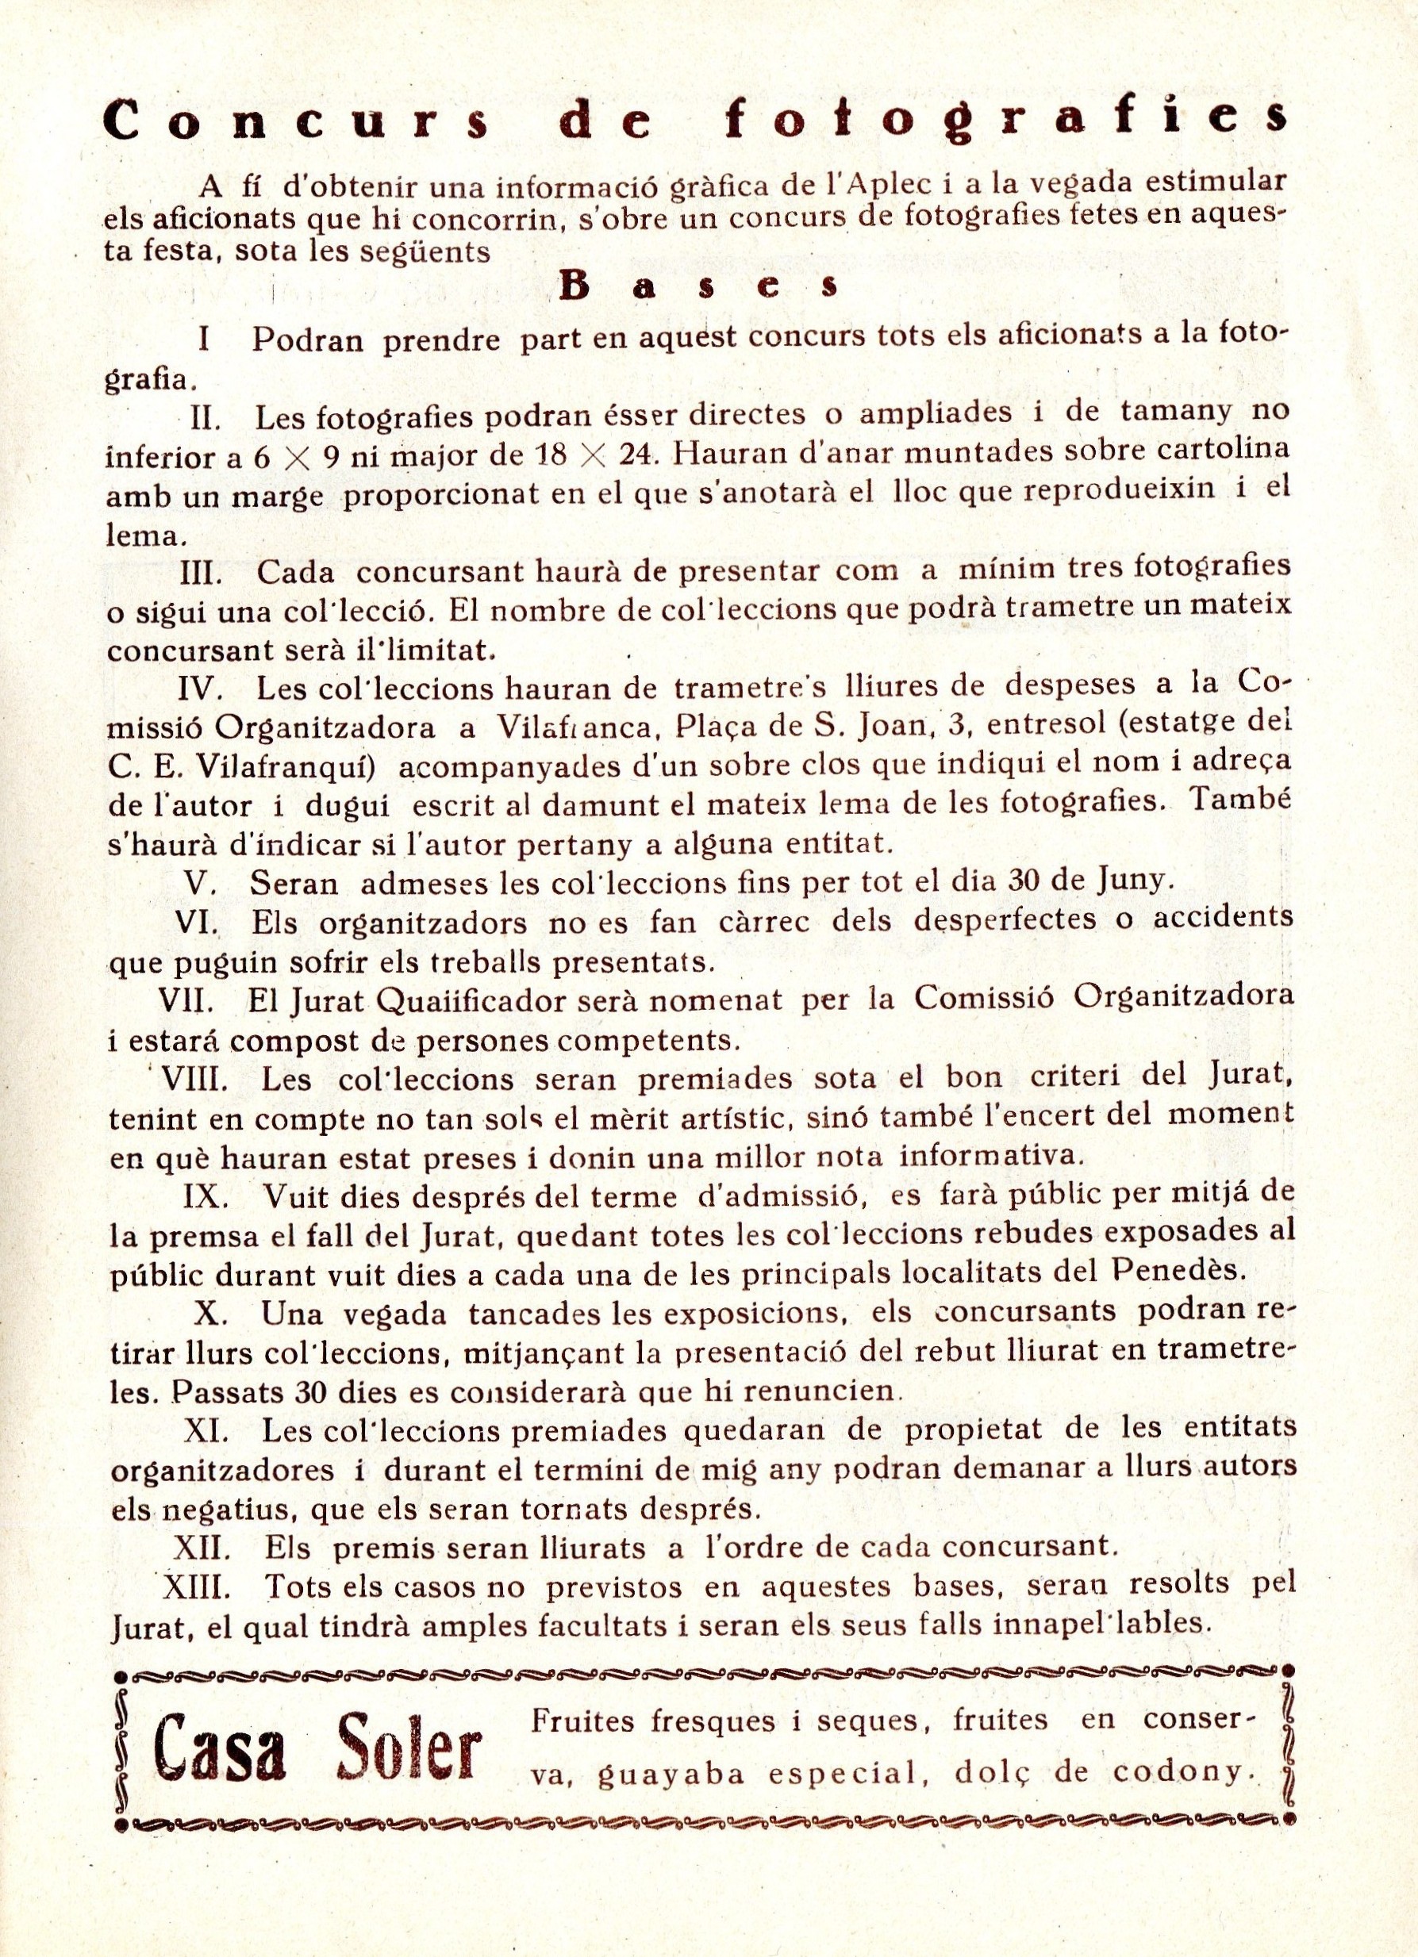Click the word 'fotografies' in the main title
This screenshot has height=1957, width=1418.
(x=1008, y=120)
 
